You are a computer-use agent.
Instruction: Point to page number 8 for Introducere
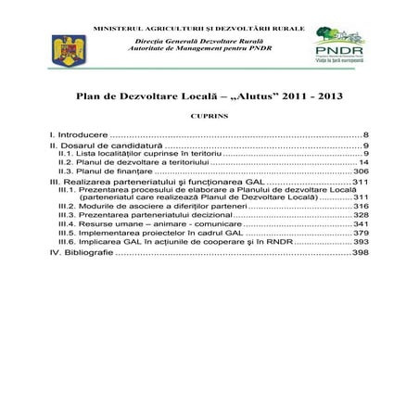(x=367, y=135)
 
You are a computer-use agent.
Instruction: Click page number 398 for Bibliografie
(x=361, y=252)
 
